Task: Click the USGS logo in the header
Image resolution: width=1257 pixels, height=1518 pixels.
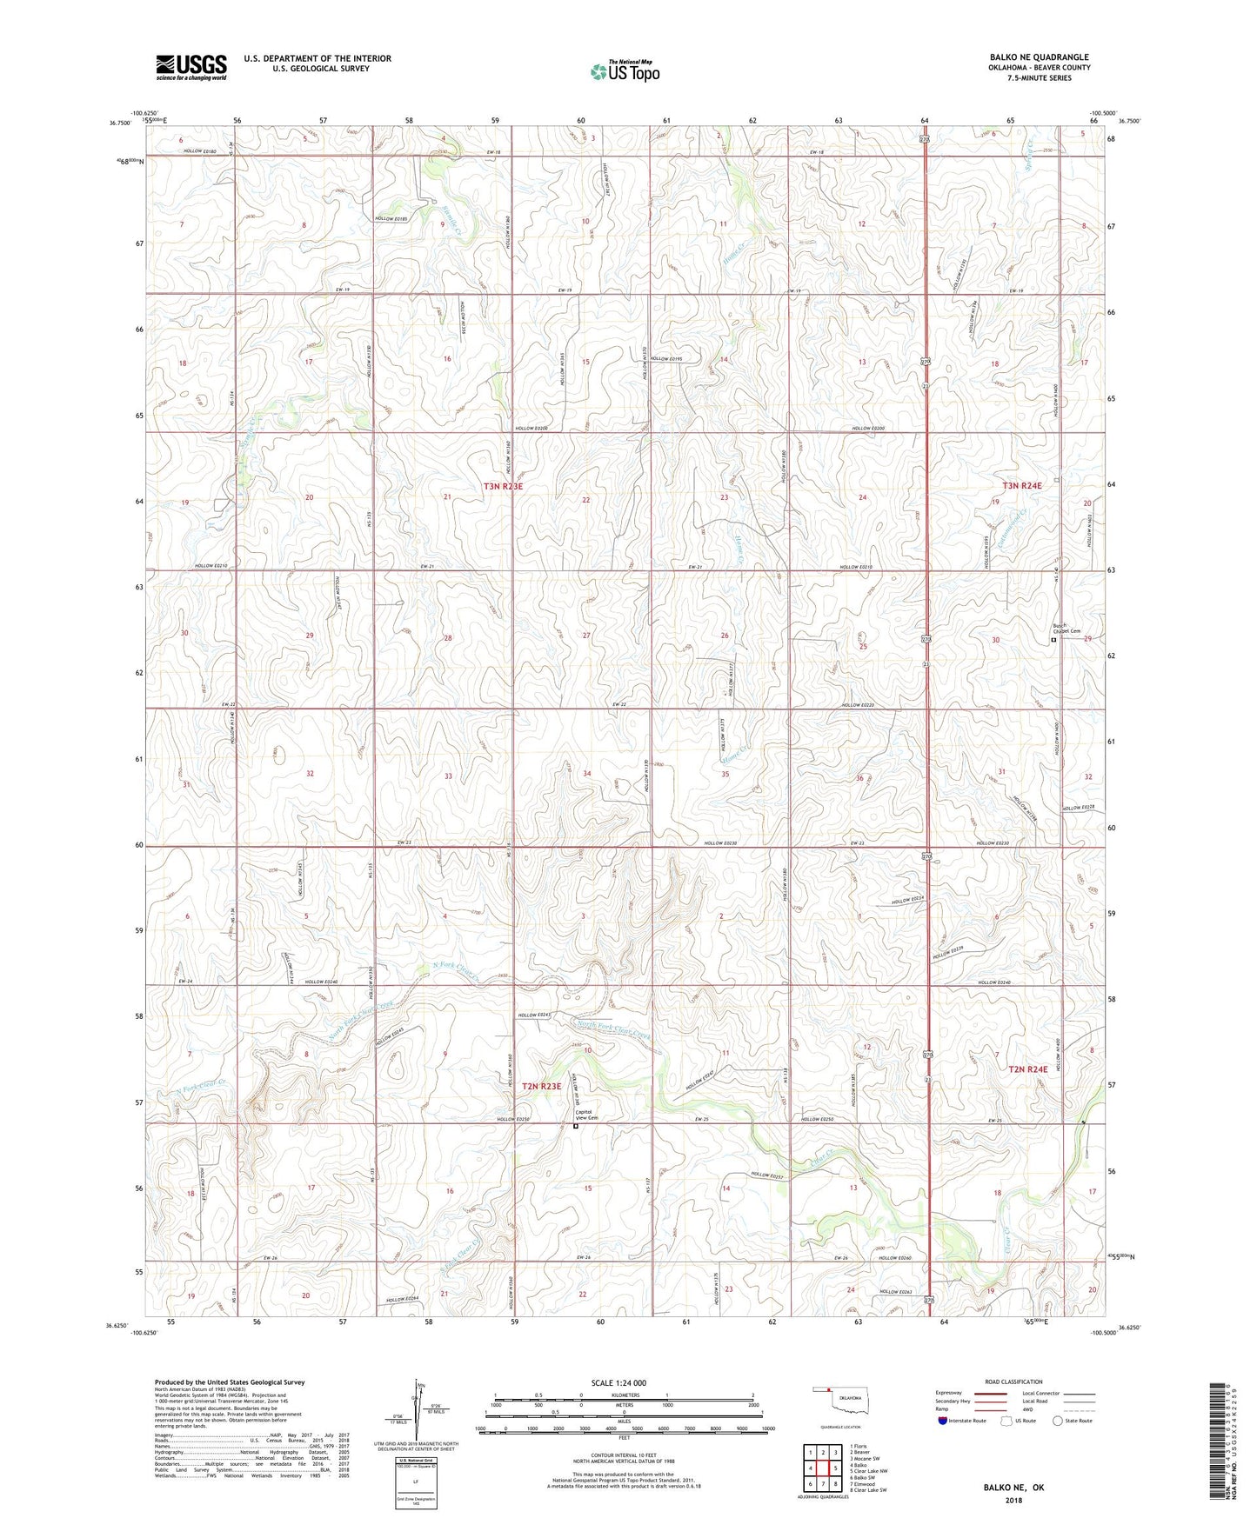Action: coord(191,67)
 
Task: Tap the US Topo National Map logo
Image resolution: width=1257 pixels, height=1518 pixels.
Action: coord(624,71)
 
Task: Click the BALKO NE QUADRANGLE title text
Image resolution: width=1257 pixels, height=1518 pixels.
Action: coord(1039,57)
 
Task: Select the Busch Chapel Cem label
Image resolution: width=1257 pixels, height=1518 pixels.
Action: coord(1066,630)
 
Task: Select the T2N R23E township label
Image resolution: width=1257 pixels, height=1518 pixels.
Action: coord(542,1086)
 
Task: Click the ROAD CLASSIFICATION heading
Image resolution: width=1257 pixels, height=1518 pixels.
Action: coord(1013,1382)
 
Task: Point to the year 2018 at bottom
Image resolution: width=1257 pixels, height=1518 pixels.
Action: coord(1013,1501)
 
